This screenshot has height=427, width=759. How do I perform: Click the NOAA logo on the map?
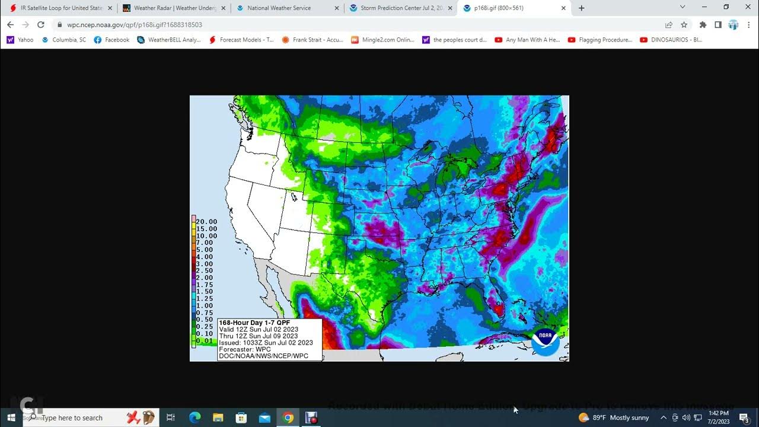point(545,341)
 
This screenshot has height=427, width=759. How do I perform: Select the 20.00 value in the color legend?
point(206,222)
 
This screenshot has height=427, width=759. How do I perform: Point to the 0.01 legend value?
point(205,341)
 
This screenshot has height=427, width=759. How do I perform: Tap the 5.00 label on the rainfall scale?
point(205,250)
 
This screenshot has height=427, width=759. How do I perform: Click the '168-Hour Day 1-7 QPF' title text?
point(255,323)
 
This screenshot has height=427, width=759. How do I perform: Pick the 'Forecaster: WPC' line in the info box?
point(245,349)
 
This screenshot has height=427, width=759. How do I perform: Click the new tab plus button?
point(581,8)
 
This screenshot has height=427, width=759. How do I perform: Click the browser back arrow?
point(10,25)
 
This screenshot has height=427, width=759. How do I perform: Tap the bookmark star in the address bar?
point(684,25)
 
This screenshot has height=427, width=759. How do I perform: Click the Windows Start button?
point(11,418)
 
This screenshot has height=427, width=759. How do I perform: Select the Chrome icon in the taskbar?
point(288,418)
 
